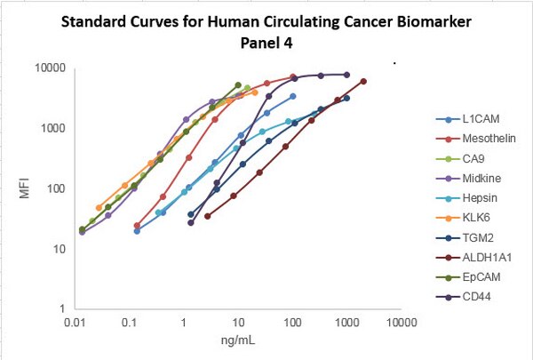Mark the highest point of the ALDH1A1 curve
(363, 81)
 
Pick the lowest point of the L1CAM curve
(137, 231)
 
